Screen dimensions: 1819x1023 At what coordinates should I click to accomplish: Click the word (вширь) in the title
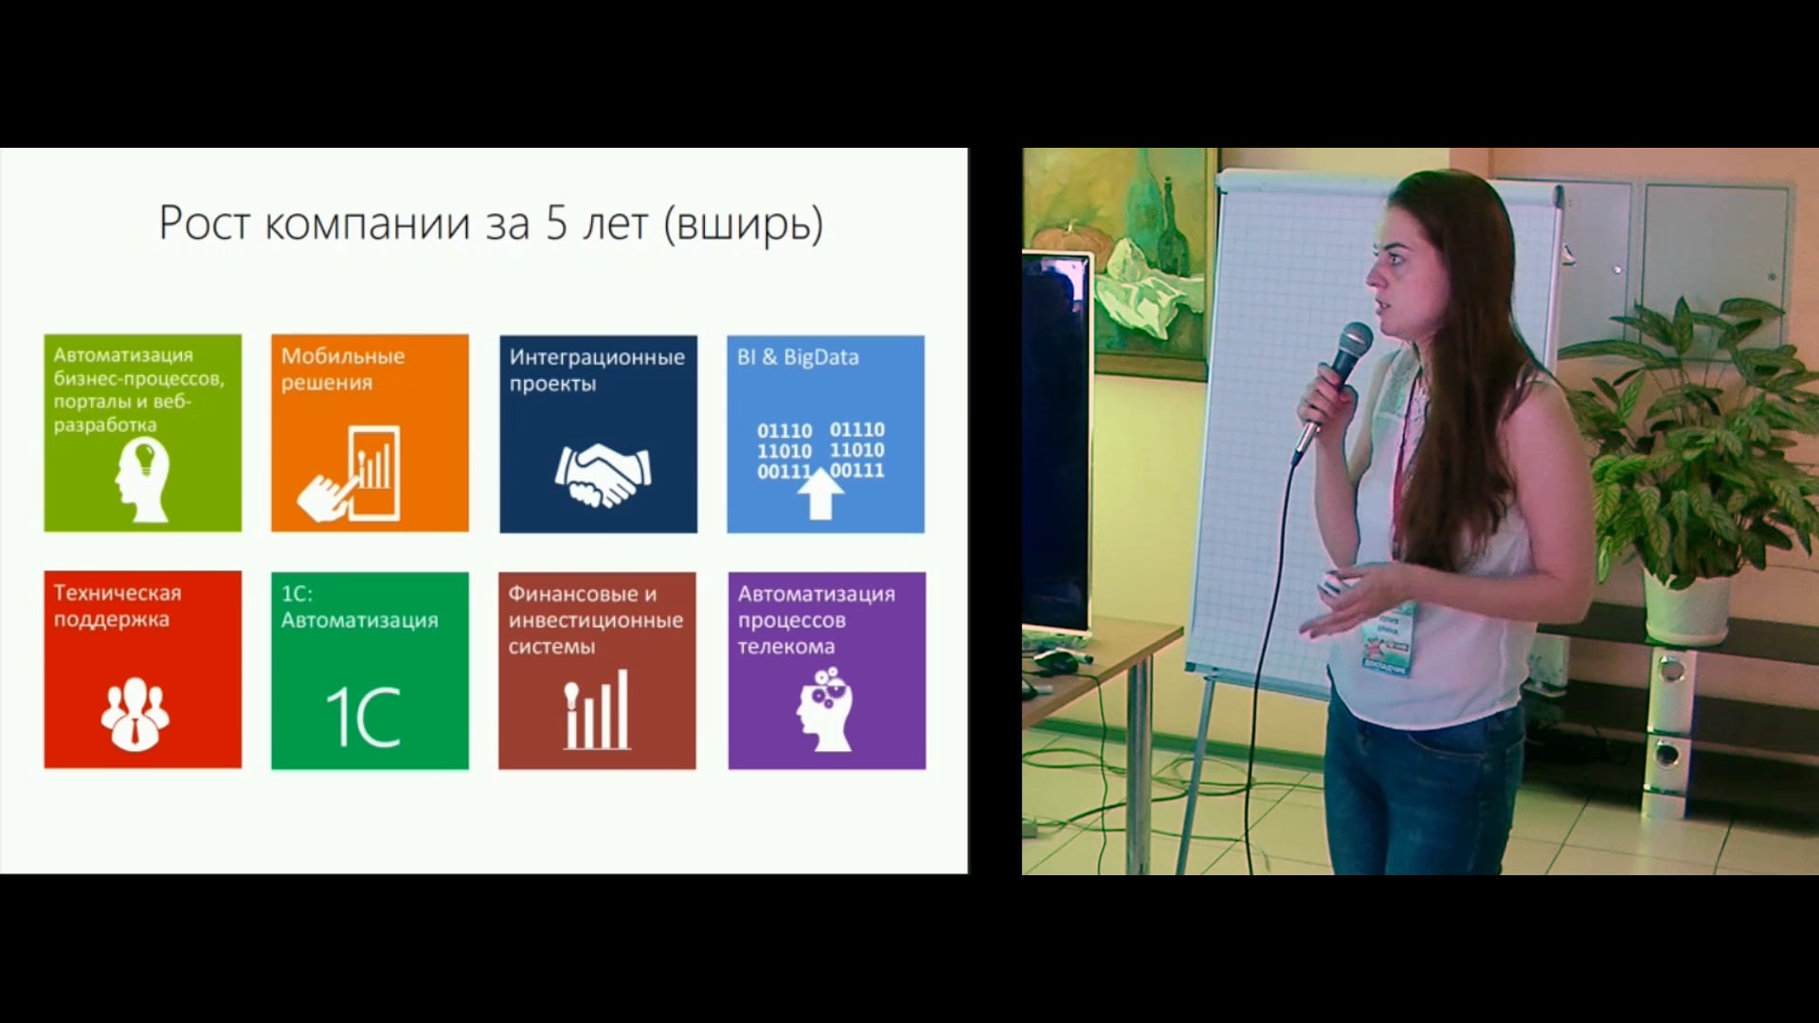coord(744,225)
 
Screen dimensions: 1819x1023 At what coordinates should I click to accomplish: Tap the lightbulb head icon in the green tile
coord(142,480)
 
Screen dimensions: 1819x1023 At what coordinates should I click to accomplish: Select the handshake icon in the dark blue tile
coord(603,476)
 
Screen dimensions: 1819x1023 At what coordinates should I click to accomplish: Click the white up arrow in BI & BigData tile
coord(820,494)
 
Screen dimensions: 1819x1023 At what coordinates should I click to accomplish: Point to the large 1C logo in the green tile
coord(364,717)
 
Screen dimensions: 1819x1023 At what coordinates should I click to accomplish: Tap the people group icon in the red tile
coord(135,713)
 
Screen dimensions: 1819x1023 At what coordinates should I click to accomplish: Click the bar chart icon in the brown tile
coord(597,709)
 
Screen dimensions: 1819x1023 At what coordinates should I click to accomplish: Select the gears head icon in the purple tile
coord(825,709)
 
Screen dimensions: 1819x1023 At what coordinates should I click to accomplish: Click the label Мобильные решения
coord(342,369)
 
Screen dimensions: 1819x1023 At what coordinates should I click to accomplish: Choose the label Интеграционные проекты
coord(597,370)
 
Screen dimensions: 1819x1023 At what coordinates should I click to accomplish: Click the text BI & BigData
coord(798,357)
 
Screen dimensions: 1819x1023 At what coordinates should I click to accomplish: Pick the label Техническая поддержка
coord(117,606)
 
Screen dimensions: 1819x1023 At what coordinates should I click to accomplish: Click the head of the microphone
coord(1354,342)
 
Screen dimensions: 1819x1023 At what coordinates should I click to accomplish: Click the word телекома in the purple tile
coord(786,648)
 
